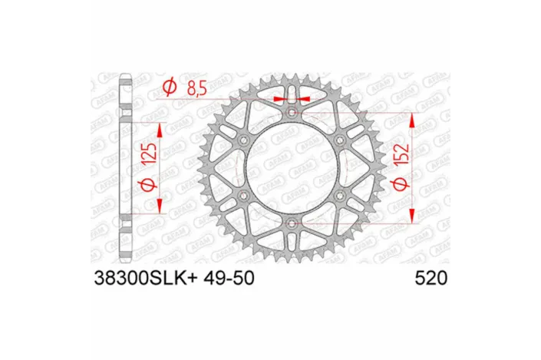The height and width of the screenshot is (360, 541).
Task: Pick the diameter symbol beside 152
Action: point(398,185)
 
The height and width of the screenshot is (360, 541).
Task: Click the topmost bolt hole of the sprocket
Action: point(292,112)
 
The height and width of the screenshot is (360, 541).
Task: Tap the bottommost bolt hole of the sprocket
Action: point(292,223)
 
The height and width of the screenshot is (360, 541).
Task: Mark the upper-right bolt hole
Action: point(340,140)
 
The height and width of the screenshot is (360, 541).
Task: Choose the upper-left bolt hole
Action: point(243,140)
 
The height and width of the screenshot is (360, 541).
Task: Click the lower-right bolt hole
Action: point(340,196)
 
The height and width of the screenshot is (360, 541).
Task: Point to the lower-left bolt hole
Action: point(243,196)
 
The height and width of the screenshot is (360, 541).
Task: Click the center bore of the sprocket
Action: point(292,167)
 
